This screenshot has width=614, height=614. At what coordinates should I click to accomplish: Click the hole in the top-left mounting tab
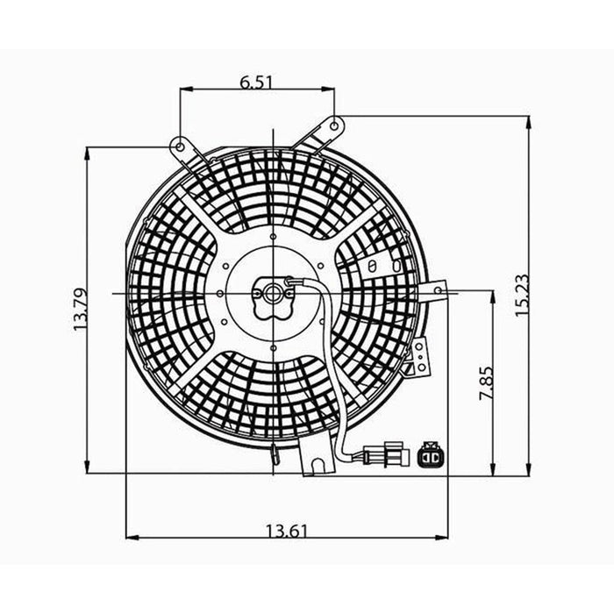tap(179, 142)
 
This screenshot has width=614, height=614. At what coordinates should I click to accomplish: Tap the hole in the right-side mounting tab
tap(443, 289)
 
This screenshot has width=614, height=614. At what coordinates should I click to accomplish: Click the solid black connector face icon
tap(432, 455)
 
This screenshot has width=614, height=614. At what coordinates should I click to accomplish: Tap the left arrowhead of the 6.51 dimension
tap(184, 88)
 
